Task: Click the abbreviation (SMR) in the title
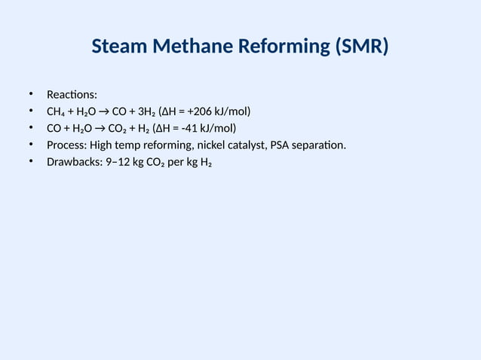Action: [361, 48]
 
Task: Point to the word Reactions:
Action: [72, 95]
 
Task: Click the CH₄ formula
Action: [57, 112]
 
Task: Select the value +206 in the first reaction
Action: [193, 112]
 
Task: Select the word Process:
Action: [67, 145]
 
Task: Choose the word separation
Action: [322, 145]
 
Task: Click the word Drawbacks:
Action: [74, 162]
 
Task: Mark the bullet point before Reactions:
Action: [32, 94]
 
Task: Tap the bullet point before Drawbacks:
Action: [32, 161]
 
